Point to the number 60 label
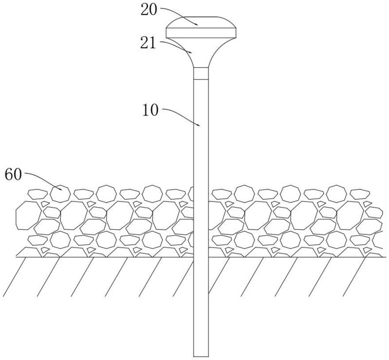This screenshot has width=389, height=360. click(x=14, y=174)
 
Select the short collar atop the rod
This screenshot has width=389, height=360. click(x=201, y=73)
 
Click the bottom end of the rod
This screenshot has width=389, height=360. click(x=201, y=354)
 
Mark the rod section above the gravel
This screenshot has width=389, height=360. click(x=201, y=136)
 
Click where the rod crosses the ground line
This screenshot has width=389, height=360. click(x=201, y=257)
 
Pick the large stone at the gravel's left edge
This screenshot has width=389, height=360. click(x=26, y=215)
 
